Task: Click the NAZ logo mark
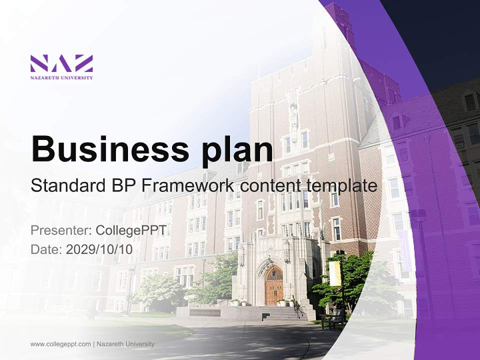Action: point(61,63)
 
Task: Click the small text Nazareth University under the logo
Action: point(61,77)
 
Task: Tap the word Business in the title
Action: point(103,149)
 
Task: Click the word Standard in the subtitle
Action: point(67,186)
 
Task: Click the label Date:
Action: point(46,249)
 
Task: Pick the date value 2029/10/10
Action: point(99,249)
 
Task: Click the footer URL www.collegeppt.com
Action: point(60,344)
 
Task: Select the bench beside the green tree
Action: point(332,319)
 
